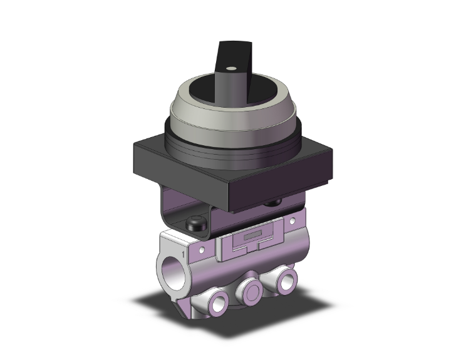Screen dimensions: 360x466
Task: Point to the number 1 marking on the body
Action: tap(183, 254)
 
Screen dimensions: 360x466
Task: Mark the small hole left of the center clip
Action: tap(204, 250)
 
